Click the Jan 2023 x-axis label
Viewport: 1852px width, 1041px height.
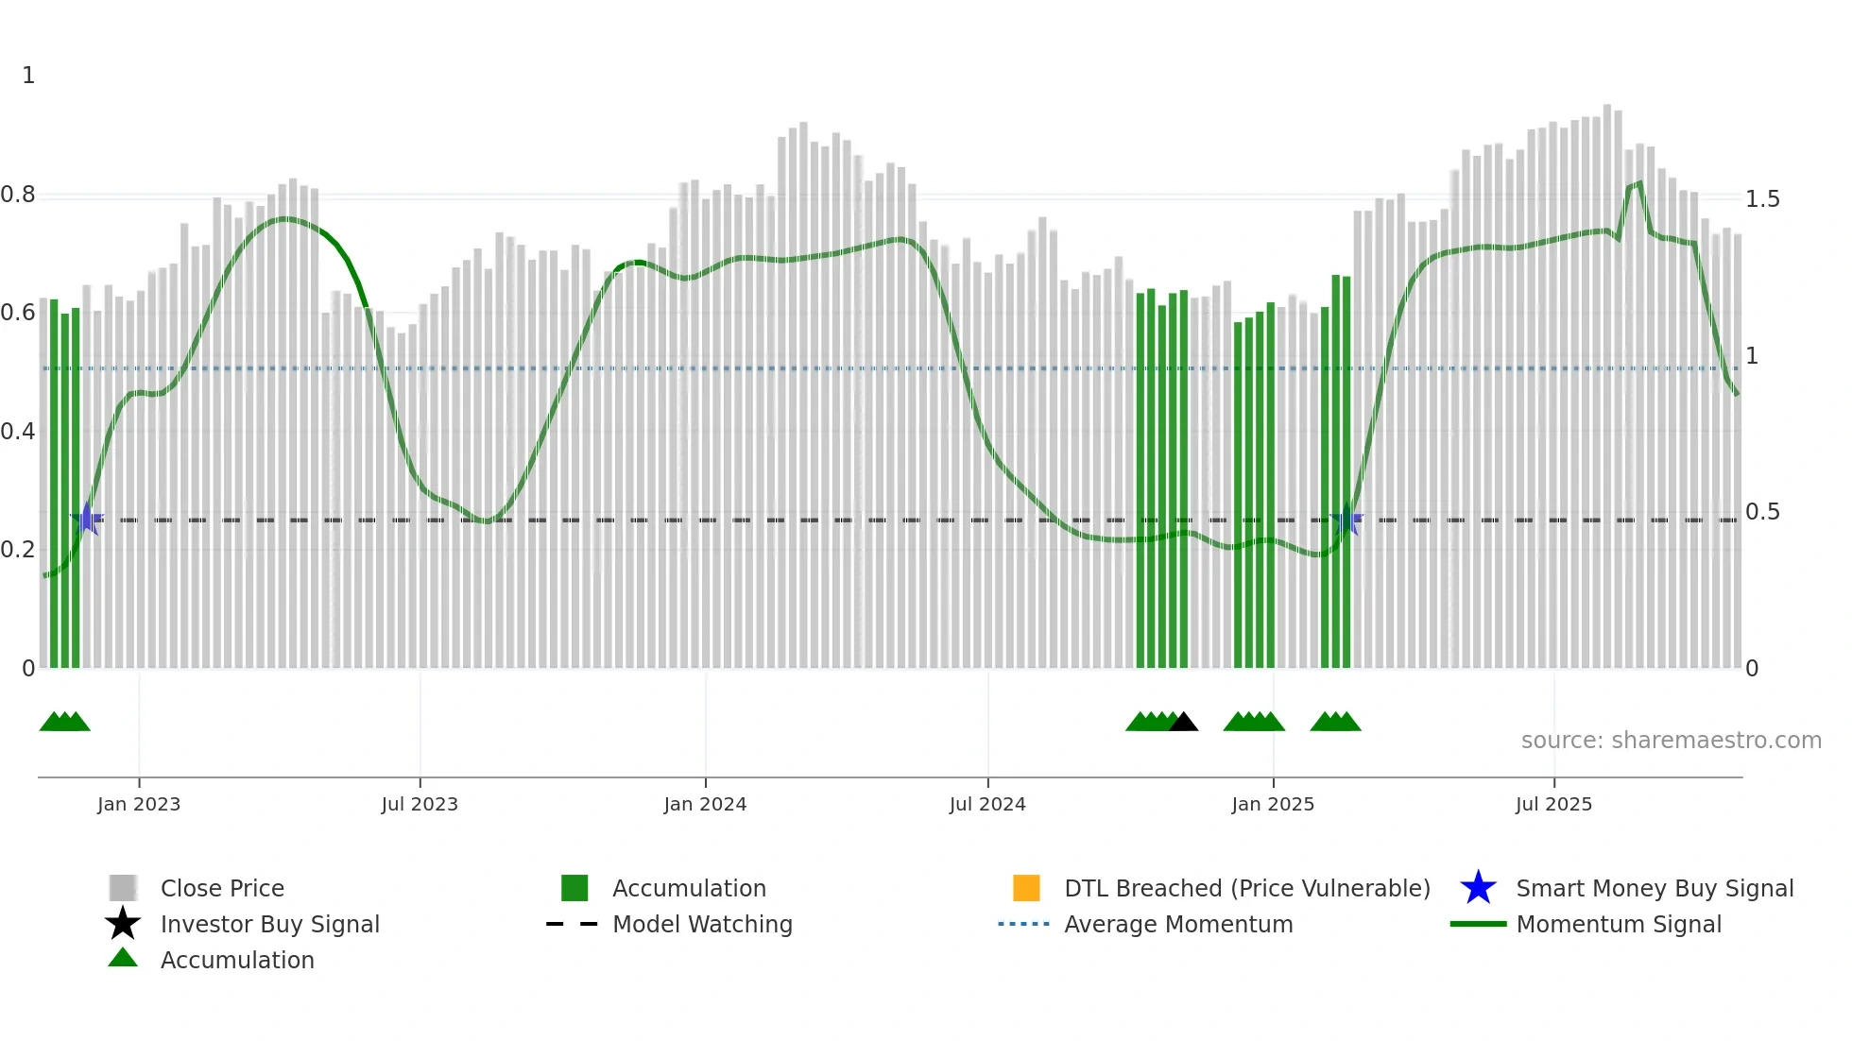tap(138, 804)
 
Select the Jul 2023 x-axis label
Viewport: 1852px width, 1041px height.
tap(420, 804)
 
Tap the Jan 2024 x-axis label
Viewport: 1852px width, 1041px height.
tap(705, 804)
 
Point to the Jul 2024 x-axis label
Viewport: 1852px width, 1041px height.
tap(987, 804)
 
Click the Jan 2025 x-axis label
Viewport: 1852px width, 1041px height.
tap(1273, 804)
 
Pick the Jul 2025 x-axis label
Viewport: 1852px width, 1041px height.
tap(1553, 804)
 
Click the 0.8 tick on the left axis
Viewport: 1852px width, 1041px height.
tap(18, 195)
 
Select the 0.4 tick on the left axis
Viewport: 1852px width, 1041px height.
tap(18, 432)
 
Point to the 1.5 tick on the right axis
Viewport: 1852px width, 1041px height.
tap(1762, 199)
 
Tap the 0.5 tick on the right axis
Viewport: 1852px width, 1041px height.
tap(1762, 512)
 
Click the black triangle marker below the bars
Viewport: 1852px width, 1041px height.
tap(1183, 723)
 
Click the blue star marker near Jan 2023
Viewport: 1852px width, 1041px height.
tap(87, 519)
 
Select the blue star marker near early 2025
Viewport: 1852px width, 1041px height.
tap(1346, 520)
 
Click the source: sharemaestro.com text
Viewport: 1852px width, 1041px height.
tap(1671, 741)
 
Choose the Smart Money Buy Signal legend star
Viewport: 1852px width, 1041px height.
tap(1478, 888)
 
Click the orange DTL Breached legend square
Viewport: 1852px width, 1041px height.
tap(1026, 888)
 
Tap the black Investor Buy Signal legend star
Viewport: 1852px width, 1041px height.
tap(123, 924)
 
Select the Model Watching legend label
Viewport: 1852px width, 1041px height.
tap(702, 925)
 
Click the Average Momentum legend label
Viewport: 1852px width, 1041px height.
tap(1178, 925)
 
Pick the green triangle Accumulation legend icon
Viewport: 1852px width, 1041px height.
tap(123, 958)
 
